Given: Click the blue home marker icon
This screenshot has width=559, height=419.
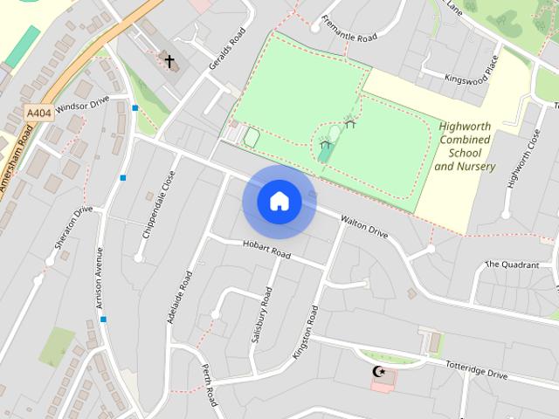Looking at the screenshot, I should [x=279, y=202].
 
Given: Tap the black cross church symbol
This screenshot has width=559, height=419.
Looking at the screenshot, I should [x=169, y=62].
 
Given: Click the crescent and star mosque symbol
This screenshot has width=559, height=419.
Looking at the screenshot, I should [x=379, y=372].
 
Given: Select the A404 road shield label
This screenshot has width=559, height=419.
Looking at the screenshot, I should [x=38, y=113].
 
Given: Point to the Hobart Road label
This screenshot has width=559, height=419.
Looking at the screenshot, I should [x=266, y=251].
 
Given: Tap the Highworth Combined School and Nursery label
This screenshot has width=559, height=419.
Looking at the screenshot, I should [x=465, y=146].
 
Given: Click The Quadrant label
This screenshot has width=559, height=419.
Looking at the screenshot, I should [x=512, y=264].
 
